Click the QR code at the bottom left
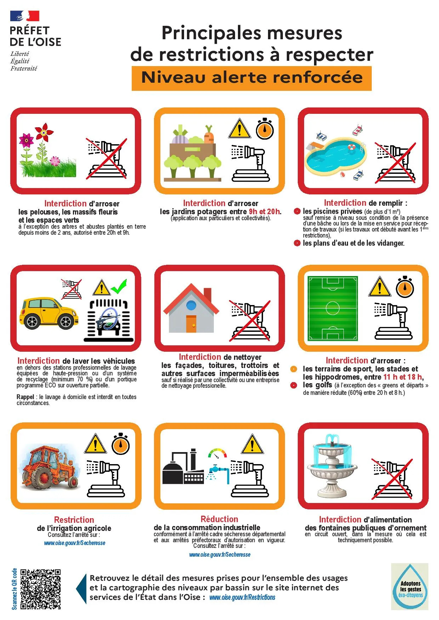pos(40,589)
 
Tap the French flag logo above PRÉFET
pos(24,16)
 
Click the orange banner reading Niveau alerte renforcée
pos(252,78)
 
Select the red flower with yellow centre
pos(44,133)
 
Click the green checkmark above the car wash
pos(119,287)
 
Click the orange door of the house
pos(191,323)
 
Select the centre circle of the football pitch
pos(332,308)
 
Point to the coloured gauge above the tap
pos(217,453)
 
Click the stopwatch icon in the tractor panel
pos(121,444)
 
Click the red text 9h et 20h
pos(265,211)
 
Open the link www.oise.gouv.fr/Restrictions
pos(242,597)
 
